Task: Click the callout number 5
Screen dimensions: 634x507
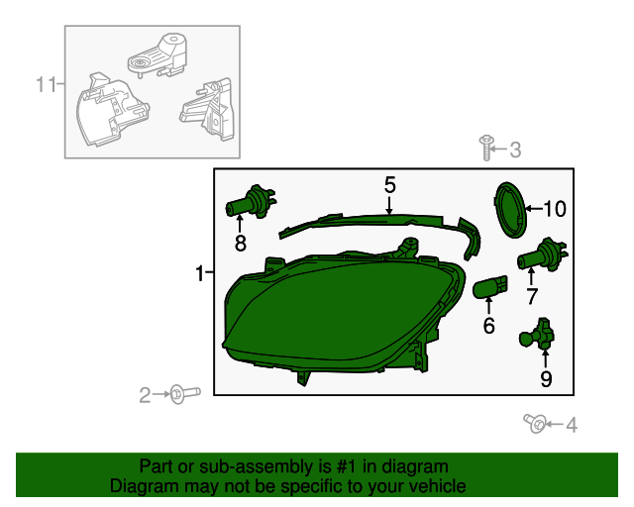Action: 389,185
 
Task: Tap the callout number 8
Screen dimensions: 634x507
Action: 240,244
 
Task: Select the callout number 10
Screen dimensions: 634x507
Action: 555,209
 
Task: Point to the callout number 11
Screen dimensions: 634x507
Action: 47,84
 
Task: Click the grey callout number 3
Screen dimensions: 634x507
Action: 515,150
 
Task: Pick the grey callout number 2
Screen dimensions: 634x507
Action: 145,395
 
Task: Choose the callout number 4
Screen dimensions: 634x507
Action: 572,425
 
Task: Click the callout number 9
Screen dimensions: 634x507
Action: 546,379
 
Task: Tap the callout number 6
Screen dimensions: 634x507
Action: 488,326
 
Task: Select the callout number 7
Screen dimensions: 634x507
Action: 532,296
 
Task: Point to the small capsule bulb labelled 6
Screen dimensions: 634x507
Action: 490,286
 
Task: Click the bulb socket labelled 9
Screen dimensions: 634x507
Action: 537,334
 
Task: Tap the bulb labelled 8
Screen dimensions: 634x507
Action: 251,201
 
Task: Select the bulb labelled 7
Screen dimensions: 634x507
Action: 542,253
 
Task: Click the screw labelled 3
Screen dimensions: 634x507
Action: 486,148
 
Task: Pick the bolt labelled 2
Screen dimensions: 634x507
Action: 185,394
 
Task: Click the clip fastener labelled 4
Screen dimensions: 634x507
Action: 535,423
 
